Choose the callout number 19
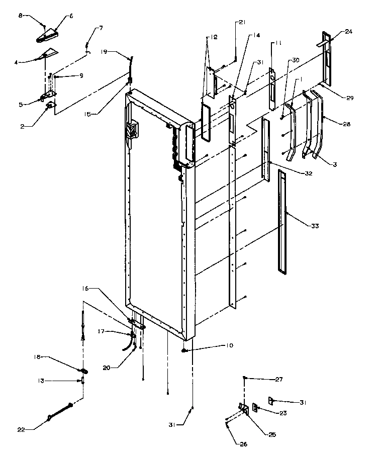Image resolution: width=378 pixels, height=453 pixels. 104,52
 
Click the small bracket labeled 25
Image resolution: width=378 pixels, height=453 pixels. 243,408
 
